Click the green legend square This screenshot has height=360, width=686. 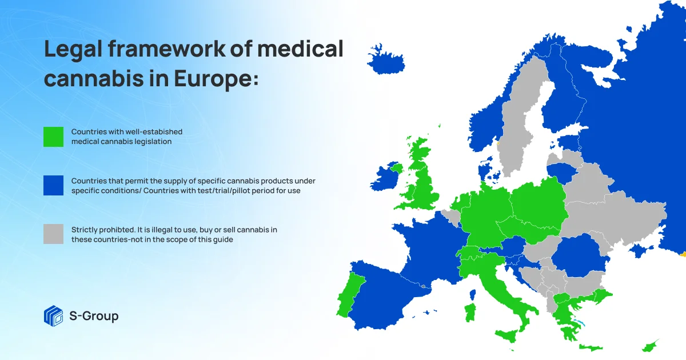coord(53,137)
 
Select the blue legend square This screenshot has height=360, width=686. coord(53,185)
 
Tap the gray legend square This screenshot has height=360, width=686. coord(53,234)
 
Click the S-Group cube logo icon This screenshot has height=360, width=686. coord(54,316)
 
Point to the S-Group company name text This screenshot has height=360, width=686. coord(94,315)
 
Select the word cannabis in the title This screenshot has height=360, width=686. coord(94,78)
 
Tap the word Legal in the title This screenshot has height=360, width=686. coord(73,49)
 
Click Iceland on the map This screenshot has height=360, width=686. coord(386,61)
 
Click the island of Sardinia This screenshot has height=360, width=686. coord(470,312)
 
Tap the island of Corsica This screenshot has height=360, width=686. coord(473,295)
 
